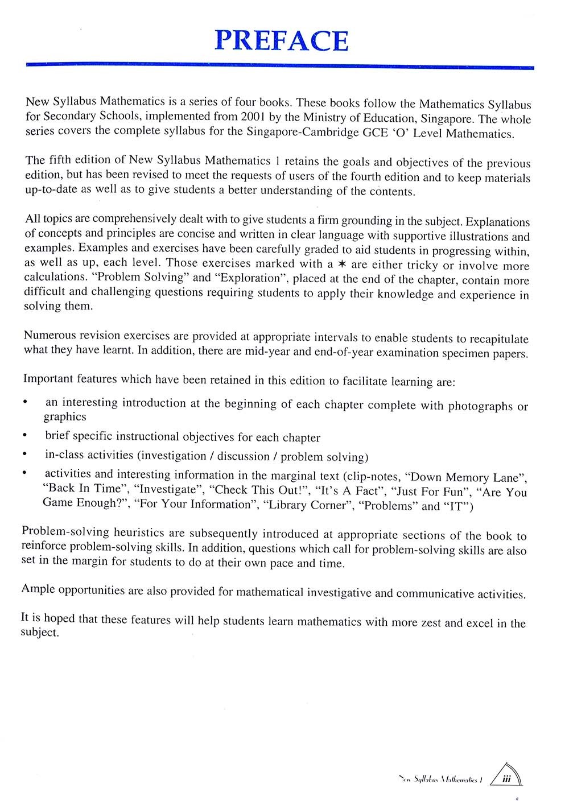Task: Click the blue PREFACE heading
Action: click(x=281, y=40)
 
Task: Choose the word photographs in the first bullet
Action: click(x=480, y=406)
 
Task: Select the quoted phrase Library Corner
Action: click(x=308, y=505)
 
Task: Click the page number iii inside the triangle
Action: click(x=506, y=782)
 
